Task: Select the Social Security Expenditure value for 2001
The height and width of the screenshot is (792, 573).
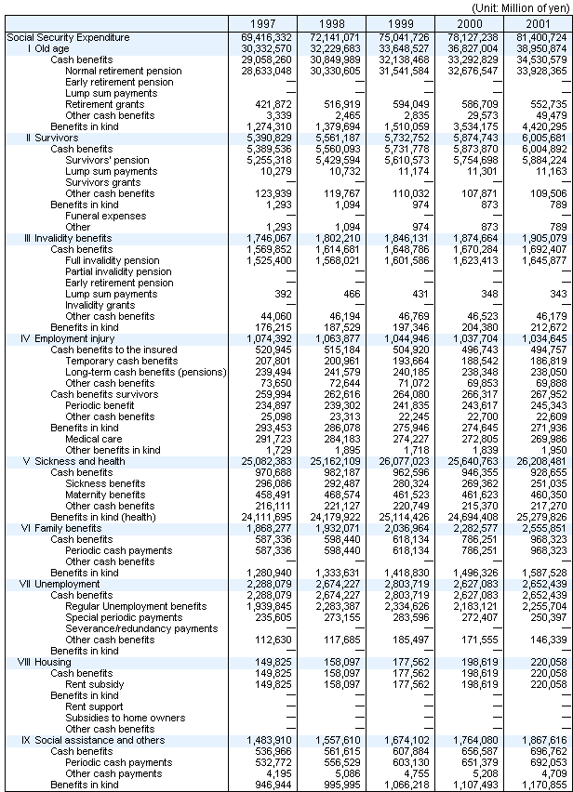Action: pos(538,37)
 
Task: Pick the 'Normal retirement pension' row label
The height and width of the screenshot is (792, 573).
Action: pos(124,71)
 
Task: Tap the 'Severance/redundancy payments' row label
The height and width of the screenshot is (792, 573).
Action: pos(141,628)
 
